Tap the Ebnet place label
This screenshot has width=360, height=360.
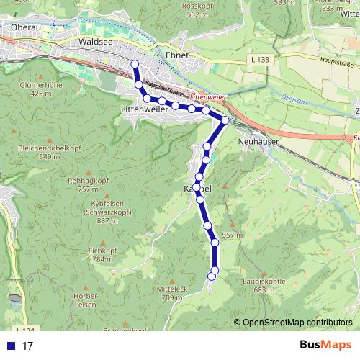click(x=176, y=55)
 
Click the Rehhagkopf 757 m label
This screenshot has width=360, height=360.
click(x=86, y=185)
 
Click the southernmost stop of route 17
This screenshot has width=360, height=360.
click(x=212, y=275)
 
